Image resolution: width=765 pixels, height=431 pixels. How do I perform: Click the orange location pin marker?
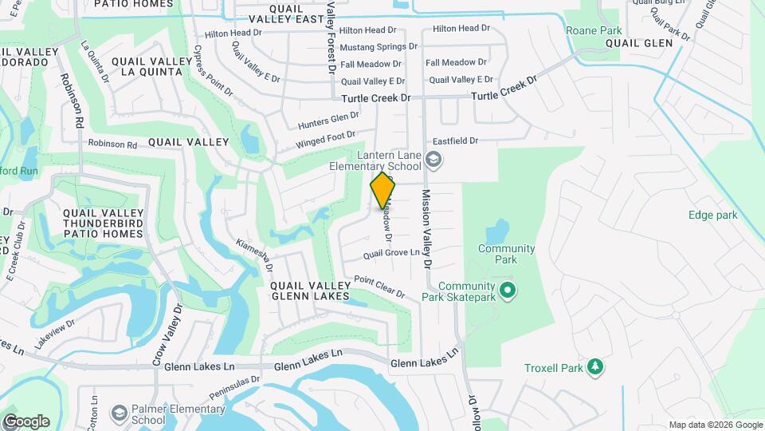[383, 189]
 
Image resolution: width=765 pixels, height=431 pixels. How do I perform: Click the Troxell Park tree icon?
[594, 367]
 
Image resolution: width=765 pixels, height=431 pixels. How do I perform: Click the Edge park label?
[713, 215]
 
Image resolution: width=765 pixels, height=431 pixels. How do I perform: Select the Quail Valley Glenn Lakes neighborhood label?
[309, 290]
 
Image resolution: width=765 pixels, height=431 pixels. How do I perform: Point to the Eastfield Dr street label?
[455, 140]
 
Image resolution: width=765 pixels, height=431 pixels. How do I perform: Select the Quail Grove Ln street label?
[391, 253]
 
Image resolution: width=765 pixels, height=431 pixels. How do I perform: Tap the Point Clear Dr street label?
[379, 286]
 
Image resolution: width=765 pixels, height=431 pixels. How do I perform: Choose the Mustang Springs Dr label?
[379, 47]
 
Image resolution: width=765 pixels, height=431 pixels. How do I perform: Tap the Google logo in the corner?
[25, 421]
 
